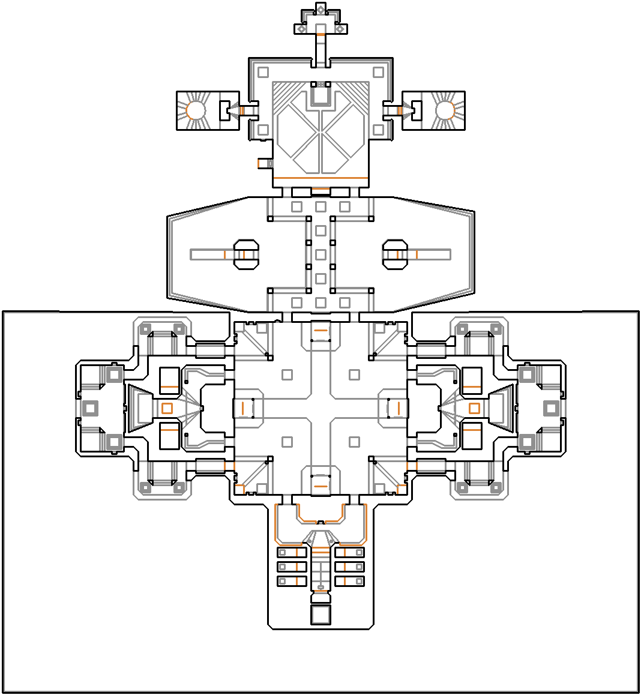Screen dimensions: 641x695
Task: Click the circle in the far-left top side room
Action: tap(195, 110)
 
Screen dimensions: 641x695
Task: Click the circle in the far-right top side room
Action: tap(444, 110)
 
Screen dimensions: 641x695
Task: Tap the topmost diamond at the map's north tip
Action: tap(320, 10)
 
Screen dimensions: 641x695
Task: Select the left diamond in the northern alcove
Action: tap(301, 28)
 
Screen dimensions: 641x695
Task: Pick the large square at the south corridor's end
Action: tap(320, 615)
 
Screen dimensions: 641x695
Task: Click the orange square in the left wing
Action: tap(167, 409)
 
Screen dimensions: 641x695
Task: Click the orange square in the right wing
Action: tap(474, 409)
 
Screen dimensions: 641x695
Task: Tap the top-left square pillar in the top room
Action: tap(263, 73)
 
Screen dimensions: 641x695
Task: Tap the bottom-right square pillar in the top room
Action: tap(378, 130)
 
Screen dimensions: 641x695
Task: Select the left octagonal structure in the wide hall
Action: tap(245, 254)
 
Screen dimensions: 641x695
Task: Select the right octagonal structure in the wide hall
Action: tap(396, 254)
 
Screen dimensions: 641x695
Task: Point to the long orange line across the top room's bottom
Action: tap(320, 178)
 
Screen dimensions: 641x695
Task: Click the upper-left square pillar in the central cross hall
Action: tap(287, 375)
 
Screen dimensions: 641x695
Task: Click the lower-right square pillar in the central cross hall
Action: tap(354, 442)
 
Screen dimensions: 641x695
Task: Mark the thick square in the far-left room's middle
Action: tap(90, 409)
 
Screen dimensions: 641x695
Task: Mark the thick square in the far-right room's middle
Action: tap(551, 409)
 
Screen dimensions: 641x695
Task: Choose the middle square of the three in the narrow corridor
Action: tap(320, 254)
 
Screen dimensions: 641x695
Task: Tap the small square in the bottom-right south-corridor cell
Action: tap(359, 581)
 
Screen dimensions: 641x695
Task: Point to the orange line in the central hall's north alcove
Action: tap(320, 331)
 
